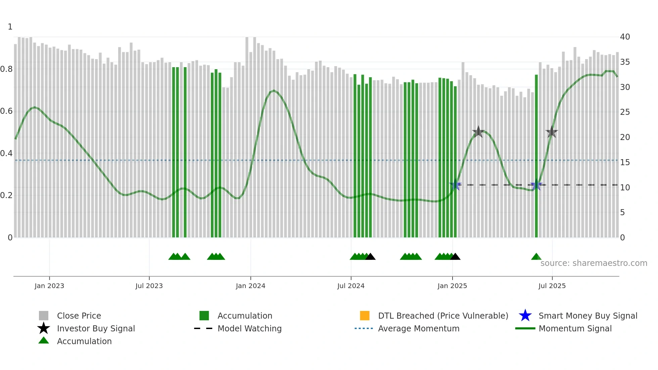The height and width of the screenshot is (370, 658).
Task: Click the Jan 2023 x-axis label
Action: click(x=49, y=286)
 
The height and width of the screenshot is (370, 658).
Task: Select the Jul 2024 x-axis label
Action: click(x=351, y=286)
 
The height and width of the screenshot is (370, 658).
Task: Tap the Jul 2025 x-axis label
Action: click(x=552, y=286)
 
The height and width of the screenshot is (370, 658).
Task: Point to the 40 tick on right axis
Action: click(x=625, y=37)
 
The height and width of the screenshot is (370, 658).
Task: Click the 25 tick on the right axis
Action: click(x=625, y=112)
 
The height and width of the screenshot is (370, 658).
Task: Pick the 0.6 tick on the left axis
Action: click(x=6, y=111)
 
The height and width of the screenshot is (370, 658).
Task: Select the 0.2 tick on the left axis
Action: click(x=6, y=195)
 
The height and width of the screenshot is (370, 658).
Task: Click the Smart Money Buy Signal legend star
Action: click(x=525, y=316)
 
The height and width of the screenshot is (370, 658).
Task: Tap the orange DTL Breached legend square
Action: click(x=365, y=316)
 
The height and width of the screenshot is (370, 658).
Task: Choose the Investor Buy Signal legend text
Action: click(x=96, y=328)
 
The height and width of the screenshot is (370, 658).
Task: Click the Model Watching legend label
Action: click(x=249, y=328)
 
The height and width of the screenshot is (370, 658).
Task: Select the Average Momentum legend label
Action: click(x=419, y=328)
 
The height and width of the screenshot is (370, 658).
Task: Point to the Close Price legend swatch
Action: click(x=44, y=316)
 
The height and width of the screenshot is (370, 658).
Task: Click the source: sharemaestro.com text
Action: click(x=594, y=263)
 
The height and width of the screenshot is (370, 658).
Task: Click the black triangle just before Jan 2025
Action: click(x=455, y=257)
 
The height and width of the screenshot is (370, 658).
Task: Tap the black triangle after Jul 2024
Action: click(x=370, y=257)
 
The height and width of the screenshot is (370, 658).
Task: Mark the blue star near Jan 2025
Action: click(x=456, y=185)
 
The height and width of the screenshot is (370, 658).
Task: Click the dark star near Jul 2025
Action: click(x=552, y=132)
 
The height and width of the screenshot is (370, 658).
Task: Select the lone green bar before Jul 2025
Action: click(x=536, y=156)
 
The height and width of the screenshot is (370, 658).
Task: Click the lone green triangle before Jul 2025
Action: click(x=536, y=257)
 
